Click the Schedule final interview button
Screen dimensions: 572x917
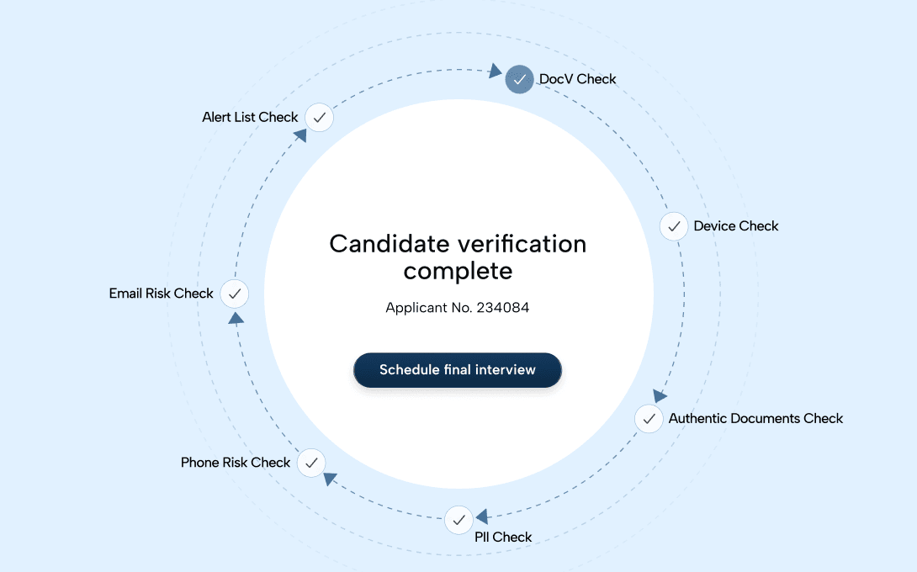[x=457, y=370]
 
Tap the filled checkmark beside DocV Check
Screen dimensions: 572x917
[x=520, y=79]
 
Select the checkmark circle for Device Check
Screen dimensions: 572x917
[x=673, y=226]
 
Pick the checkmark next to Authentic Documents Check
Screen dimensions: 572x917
[x=649, y=418]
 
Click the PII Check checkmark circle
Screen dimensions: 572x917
[x=458, y=521]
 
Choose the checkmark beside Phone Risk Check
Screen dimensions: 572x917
[x=310, y=462]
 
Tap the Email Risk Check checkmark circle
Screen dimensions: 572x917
[x=235, y=294]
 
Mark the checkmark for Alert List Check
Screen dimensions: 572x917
[x=319, y=118]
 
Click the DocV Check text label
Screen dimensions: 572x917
[x=577, y=79]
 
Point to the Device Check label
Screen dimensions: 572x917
[x=736, y=226]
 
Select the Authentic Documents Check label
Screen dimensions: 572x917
[x=755, y=418]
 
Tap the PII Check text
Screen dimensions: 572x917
[x=503, y=538]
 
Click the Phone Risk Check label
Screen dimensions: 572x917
[x=236, y=463]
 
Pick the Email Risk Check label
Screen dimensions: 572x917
[x=162, y=294]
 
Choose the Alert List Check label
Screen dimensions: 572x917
[x=250, y=118]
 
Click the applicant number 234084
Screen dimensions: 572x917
[x=502, y=308]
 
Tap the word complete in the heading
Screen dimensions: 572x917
[x=458, y=272]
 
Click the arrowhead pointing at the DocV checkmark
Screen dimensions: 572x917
[x=496, y=71]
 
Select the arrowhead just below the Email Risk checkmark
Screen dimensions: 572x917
[x=236, y=318]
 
